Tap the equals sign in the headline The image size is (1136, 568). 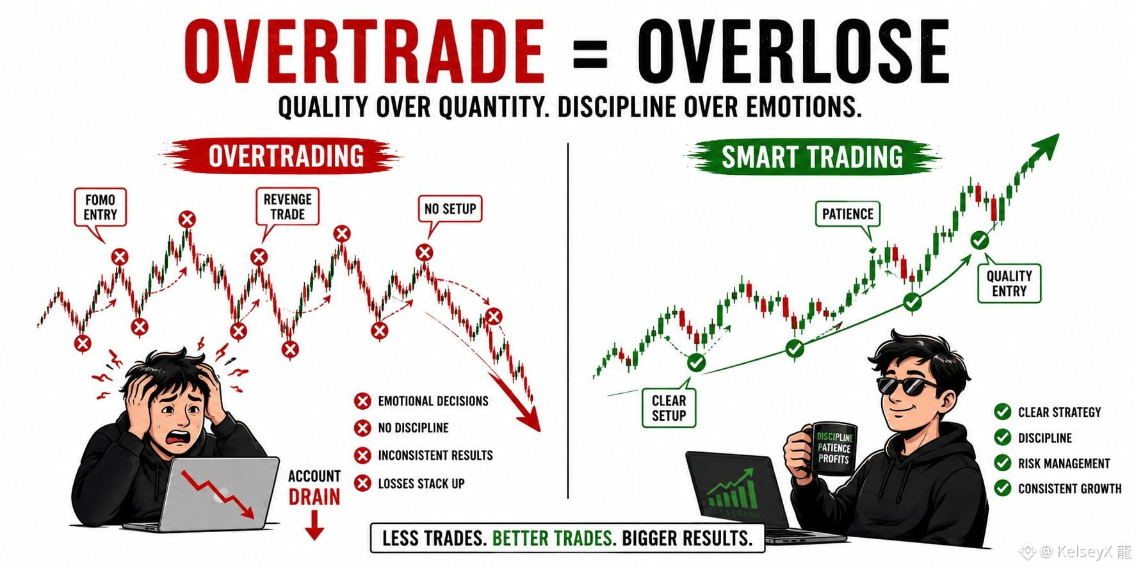pos(590,53)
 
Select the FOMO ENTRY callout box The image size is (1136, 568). pos(100,207)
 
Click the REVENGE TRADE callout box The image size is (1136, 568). pos(288,207)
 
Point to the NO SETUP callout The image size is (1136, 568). pos(450,209)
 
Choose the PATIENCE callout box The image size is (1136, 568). pos(847,214)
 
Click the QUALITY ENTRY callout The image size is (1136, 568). pos(1009,283)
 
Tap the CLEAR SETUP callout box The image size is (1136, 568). pos(669,408)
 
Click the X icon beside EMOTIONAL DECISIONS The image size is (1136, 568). pos(362,401)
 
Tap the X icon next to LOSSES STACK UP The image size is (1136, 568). pos(362,483)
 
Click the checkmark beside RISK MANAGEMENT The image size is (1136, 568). pos(1002,462)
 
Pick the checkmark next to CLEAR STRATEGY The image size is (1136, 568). pos(1002,412)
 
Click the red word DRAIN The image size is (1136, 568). pos(314,497)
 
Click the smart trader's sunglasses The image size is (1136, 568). pos(905,385)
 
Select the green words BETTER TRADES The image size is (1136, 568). pos(553,538)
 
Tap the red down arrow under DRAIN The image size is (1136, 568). pos(314,525)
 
